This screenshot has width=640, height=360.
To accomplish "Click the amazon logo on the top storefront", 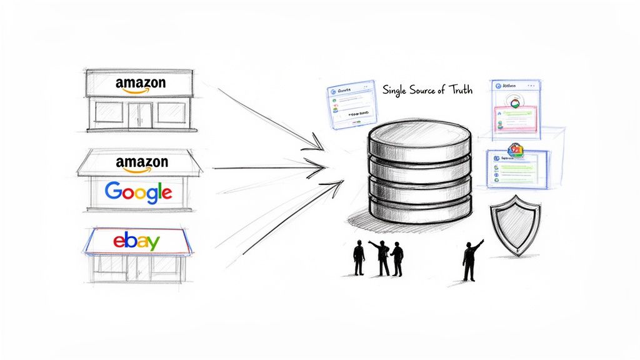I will [141, 84].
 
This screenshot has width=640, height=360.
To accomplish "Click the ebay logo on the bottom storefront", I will [136, 241].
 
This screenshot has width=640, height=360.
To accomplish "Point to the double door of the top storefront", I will [140, 116].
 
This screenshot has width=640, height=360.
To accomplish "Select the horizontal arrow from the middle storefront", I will [269, 167].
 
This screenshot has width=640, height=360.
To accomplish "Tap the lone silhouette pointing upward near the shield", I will [472, 259].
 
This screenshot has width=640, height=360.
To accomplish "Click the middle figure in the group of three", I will [381, 256].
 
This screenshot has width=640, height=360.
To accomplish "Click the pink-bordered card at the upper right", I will [516, 119].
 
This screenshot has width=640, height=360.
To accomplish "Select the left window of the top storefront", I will [110, 114].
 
